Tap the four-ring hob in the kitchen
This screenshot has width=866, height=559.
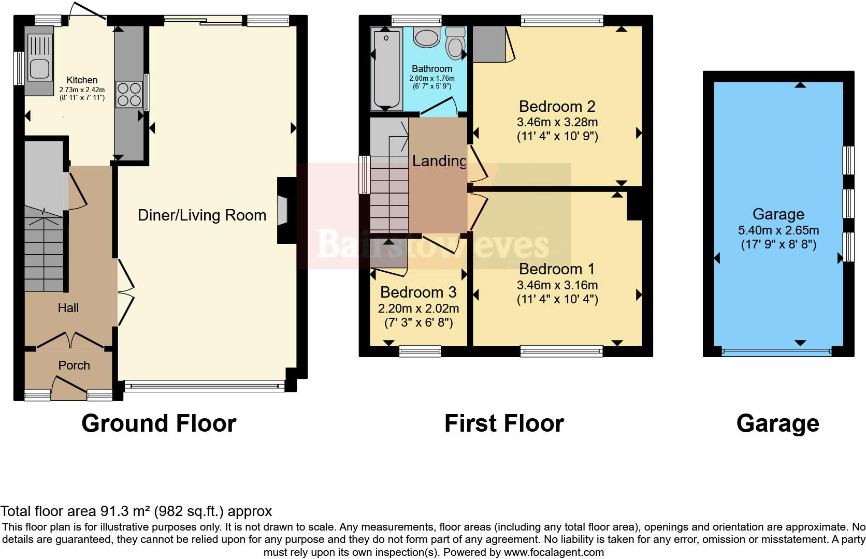click(129, 94)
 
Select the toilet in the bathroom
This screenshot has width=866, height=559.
click(455, 43)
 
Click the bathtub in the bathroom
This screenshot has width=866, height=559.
click(386, 68)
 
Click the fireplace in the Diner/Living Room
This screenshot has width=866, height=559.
click(283, 210)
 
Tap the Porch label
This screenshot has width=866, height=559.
click(74, 365)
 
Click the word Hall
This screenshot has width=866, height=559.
click(68, 307)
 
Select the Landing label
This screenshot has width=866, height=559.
click(439, 160)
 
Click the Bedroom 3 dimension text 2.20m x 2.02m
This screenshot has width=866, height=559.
click(418, 308)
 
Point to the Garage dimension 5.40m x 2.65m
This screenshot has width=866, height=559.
click(778, 230)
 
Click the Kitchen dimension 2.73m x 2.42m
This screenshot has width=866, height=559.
click(82, 90)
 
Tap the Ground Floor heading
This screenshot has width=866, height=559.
click(159, 423)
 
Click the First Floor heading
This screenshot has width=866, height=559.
click(504, 423)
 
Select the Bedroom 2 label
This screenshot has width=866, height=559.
click(557, 106)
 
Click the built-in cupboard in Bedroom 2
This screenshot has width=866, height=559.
click(489, 44)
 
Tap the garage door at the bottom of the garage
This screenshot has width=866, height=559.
click(776, 351)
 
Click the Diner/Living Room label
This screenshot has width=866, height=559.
click(202, 215)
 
